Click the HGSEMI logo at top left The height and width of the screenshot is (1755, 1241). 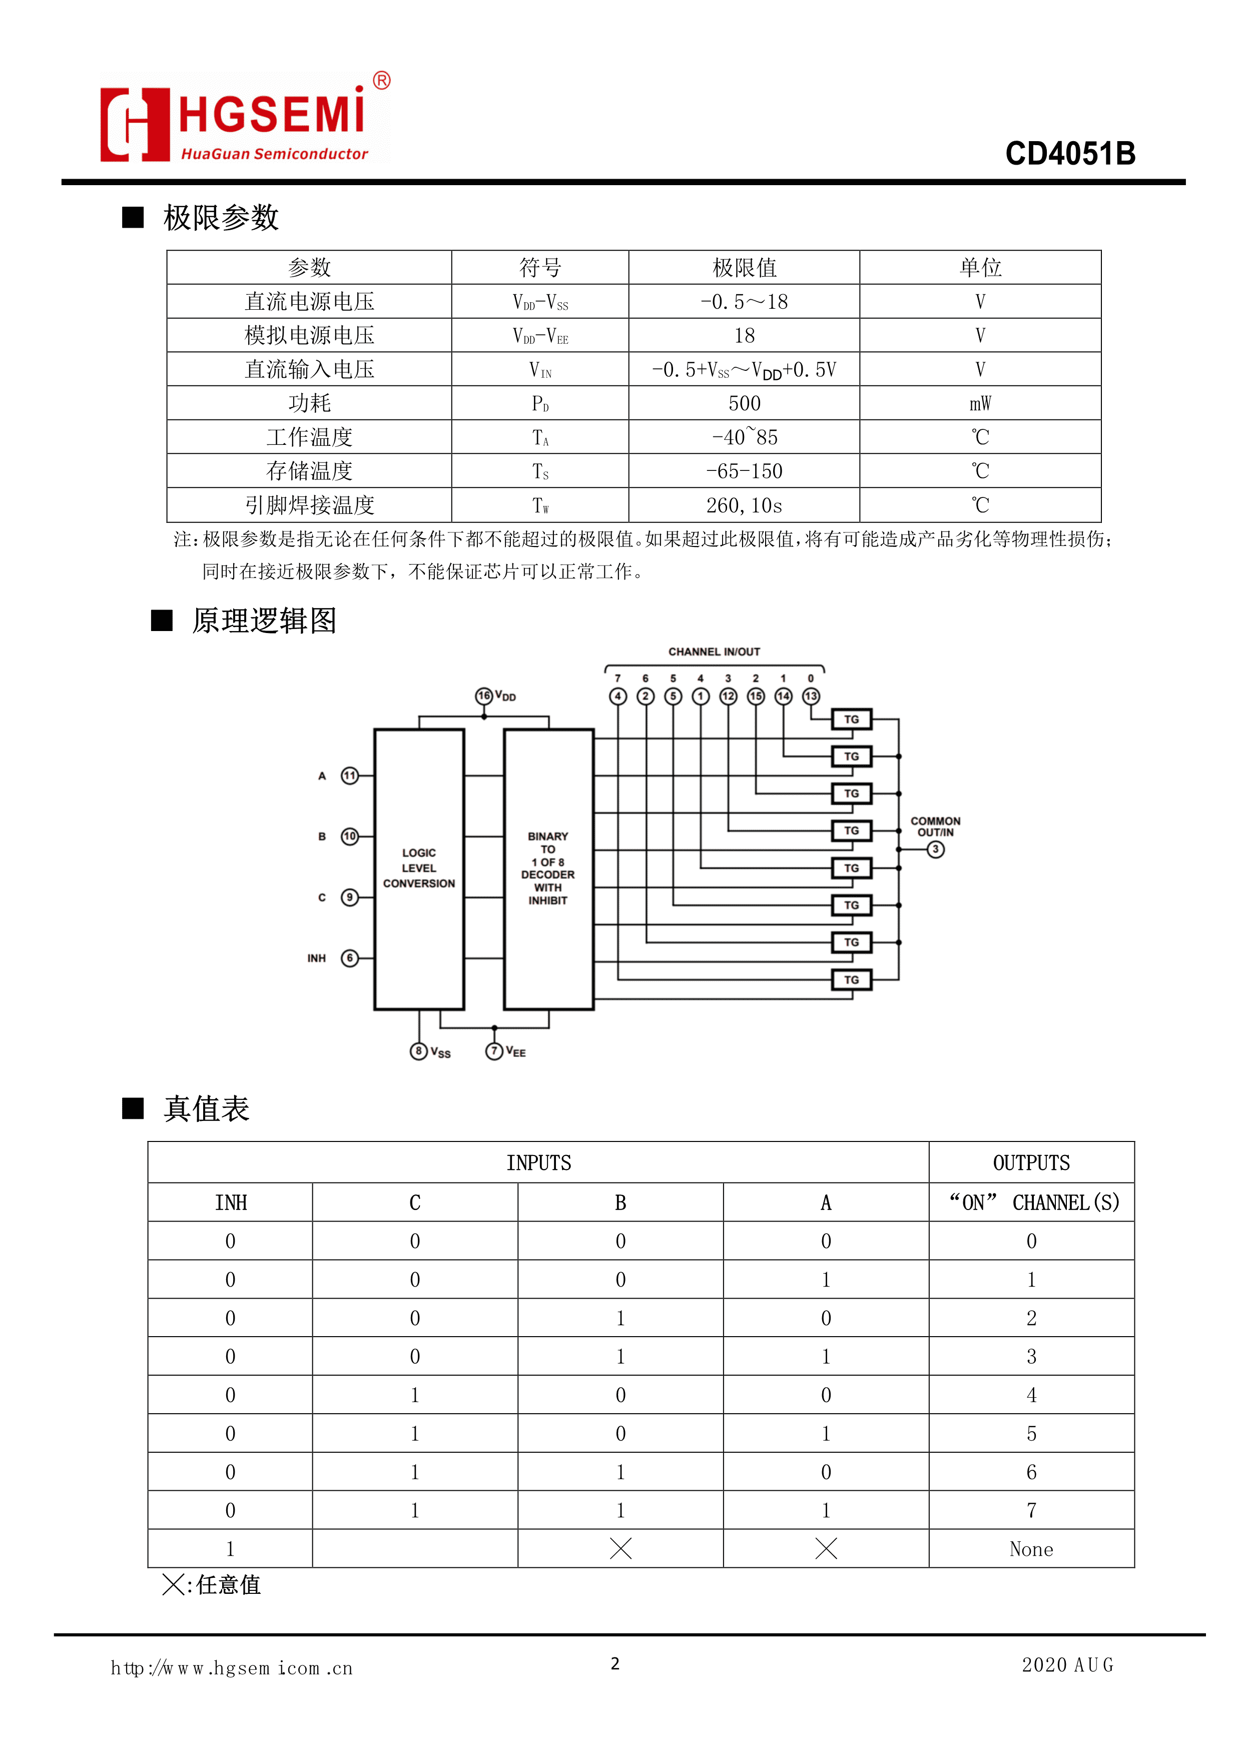(245, 119)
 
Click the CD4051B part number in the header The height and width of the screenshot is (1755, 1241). (1070, 154)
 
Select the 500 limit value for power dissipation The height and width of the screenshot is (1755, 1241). (744, 403)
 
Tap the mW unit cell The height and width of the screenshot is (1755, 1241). (980, 403)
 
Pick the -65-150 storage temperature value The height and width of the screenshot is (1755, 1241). (744, 471)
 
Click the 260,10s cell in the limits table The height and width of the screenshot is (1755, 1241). (744, 505)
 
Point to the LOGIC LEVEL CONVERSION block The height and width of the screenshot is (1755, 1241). (419, 868)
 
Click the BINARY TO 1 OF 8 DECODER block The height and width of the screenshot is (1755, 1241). (548, 868)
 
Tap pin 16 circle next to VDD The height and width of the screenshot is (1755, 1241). (484, 696)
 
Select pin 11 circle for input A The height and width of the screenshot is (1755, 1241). (349, 776)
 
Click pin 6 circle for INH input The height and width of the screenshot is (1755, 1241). (349, 958)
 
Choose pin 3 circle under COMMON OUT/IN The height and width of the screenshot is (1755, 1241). (935, 849)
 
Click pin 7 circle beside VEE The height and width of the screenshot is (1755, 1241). (494, 1051)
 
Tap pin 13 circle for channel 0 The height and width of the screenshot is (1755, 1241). (811, 696)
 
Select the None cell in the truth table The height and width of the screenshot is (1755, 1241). (1031, 1549)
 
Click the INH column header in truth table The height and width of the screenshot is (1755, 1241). (231, 1203)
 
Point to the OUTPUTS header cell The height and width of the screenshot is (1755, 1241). (1031, 1162)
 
